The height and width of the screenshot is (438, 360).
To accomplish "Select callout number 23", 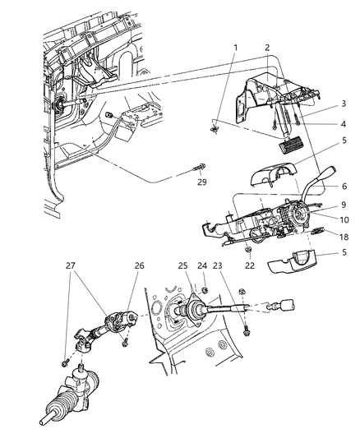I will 217,288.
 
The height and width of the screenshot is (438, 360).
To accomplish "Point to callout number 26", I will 138,288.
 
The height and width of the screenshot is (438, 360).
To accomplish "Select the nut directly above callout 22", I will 249,249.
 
